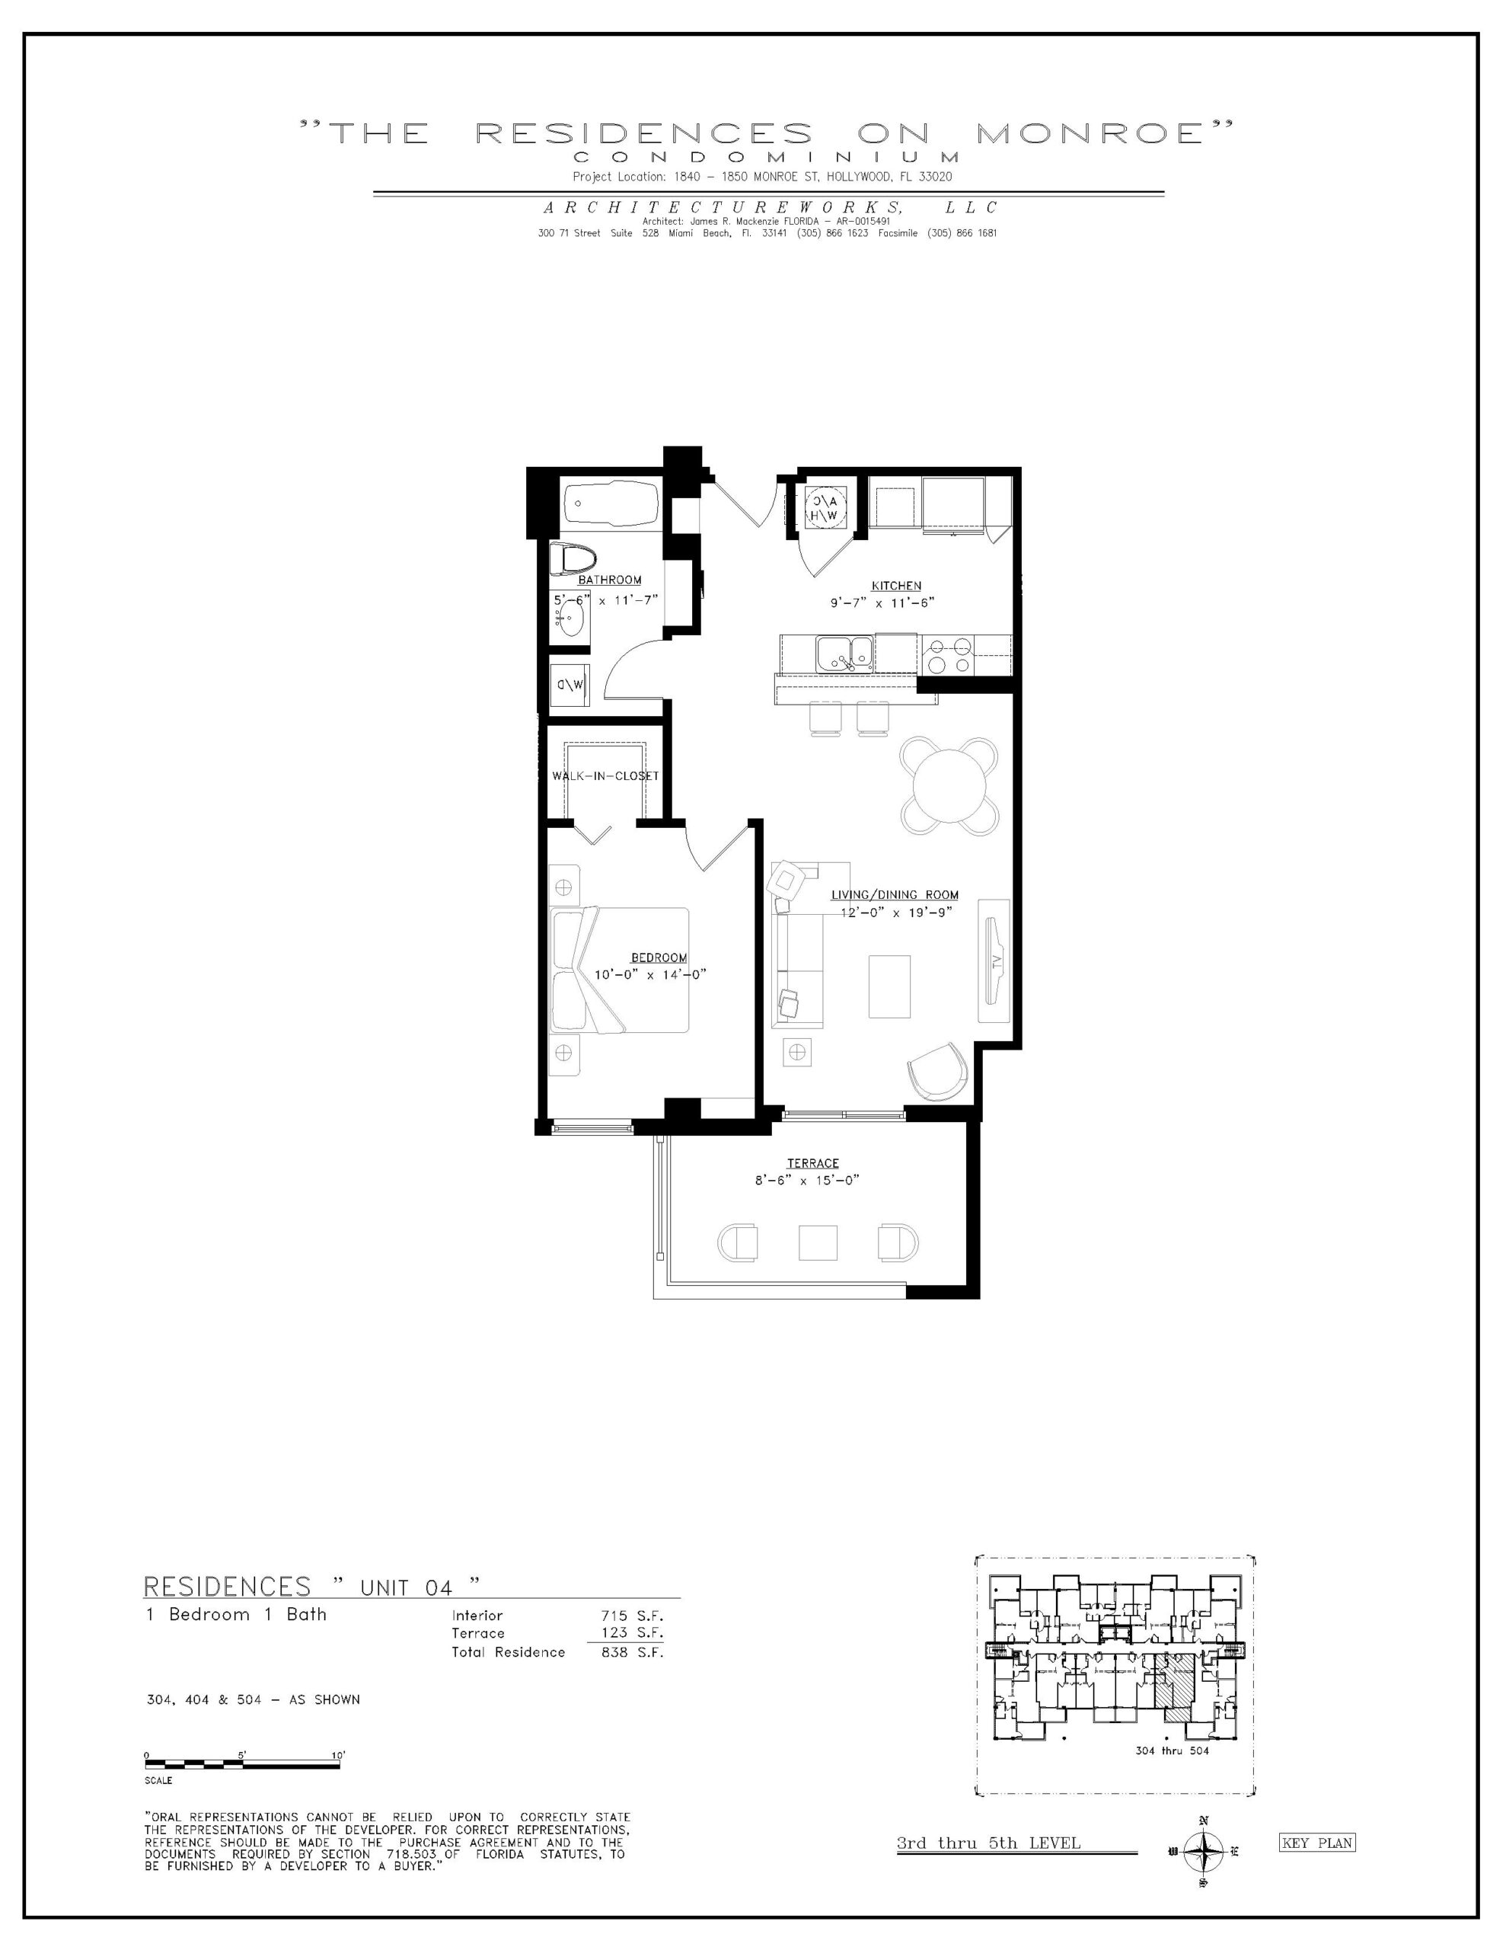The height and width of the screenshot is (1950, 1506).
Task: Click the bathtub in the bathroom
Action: pos(610,504)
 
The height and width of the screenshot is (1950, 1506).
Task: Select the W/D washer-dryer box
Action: pos(569,685)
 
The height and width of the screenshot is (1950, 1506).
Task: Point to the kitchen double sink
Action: pos(844,654)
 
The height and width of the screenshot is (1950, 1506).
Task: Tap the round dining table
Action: pos(950,786)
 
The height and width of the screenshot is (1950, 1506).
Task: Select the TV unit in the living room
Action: pos(994,960)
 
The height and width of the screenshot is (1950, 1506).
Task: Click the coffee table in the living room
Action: pos(890,986)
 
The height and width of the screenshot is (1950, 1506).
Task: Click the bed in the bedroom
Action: pos(620,970)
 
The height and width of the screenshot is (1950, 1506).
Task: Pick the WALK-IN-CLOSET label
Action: pos(605,776)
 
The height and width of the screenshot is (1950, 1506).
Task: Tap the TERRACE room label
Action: pos(812,1162)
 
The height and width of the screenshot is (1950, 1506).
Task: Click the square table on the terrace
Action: pos(818,1241)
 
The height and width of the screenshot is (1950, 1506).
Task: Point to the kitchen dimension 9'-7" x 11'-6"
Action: pos(882,603)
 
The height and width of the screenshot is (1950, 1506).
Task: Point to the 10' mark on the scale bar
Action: pos(337,1755)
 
